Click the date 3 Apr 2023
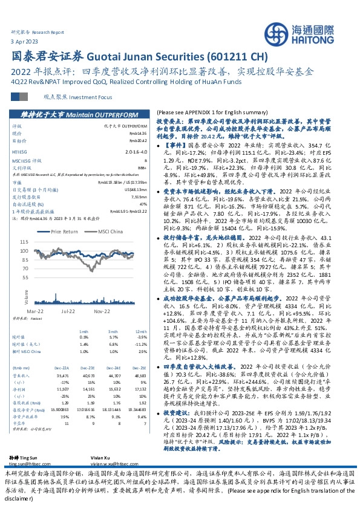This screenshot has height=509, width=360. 24,40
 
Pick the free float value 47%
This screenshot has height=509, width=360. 144,204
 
